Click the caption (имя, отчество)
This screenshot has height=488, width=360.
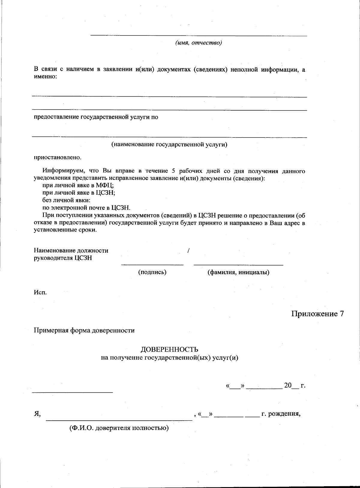(x=199, y=43)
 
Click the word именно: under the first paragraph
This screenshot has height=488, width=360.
(x=45, y=77)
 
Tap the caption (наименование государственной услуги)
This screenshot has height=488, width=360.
(x=169, y=144)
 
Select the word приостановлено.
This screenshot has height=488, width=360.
(x=57, y=157)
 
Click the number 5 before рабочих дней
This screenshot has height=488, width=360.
(x=173, y=171)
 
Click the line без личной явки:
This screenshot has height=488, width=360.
(x=66, y=200)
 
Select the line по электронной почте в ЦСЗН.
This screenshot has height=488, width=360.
(x=86, y=208)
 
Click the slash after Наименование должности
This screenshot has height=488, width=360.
(x=188, y=250)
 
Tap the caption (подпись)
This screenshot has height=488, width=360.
(x=152, y=272)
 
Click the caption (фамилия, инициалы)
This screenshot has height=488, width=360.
(x=238, y=272)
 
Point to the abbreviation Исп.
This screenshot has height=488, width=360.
(x=40, y=292)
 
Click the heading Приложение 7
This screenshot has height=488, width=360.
(x=317, y=314)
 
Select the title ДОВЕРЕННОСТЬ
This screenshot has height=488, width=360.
(x=169, y=349)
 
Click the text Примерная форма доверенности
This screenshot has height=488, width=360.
(x=84, y=330)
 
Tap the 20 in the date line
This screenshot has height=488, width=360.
(x=288, y=385)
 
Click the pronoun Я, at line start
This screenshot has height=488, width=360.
(x=37, y=414)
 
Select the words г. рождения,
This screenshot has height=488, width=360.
(x=281, y=414)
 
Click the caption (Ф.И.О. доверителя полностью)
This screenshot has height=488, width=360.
(x=119, y=428)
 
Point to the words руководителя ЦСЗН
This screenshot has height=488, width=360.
(x=63, y=258)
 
